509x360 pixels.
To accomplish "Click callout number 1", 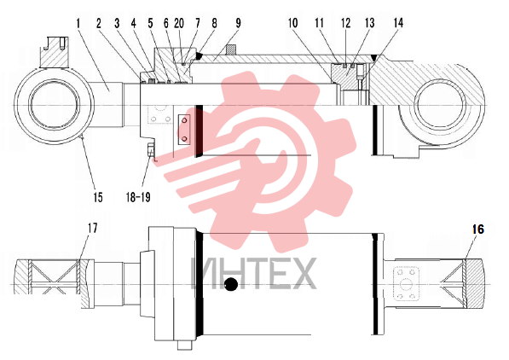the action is pos(78,23).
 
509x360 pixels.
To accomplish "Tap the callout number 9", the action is pos(238,23).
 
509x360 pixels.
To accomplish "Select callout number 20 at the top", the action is pos(179,23).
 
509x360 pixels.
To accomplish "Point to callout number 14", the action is pos(398,23).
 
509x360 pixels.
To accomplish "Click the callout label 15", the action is pos(98,197).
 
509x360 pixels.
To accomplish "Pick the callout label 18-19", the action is pos(138,197).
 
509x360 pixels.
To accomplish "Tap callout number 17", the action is pos(93,228).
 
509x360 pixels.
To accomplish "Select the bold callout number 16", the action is pos(477,229).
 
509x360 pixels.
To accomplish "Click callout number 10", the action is pos(292,23).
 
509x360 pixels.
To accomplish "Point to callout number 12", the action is pos(345,23).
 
